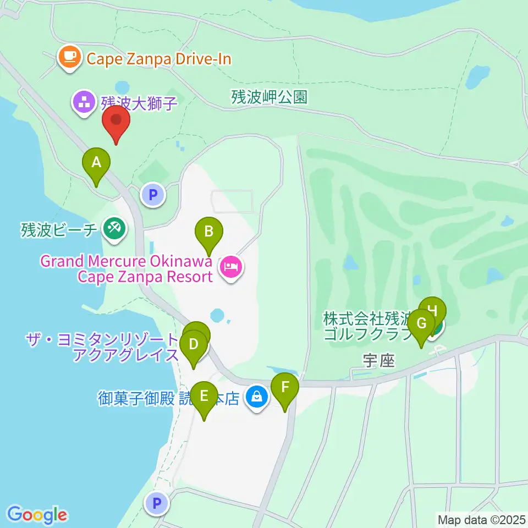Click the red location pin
116,122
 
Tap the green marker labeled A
96,163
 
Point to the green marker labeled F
285,388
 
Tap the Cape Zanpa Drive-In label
157,58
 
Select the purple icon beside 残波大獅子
84,103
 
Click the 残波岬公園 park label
269,97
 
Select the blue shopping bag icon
256,396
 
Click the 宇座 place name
379,360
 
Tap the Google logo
37,515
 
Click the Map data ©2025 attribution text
482,519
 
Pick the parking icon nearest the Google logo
157,503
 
